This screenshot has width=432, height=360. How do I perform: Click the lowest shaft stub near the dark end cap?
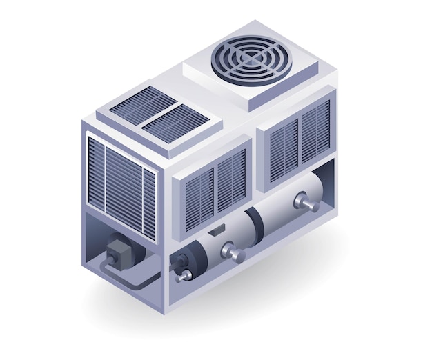[185, 276]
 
